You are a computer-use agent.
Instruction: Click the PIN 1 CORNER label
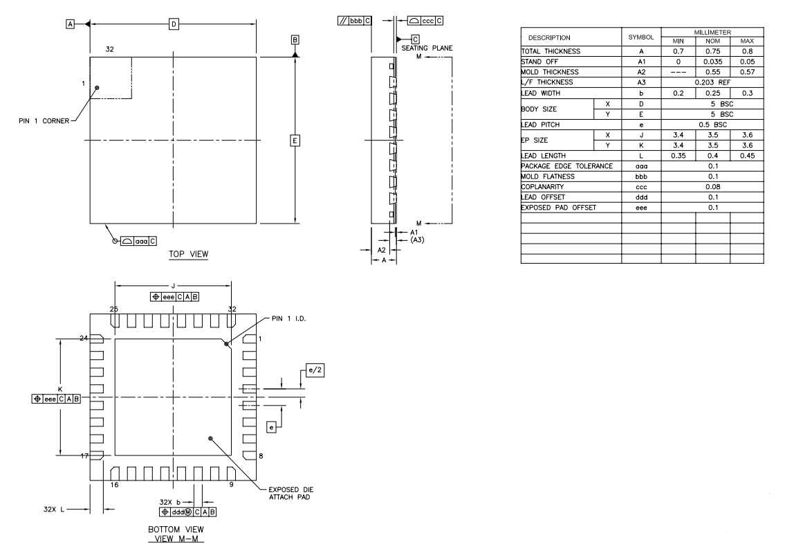point(44,120)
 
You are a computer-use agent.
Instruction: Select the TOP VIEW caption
point(189,254)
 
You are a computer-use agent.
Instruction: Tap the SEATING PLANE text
point(427,48)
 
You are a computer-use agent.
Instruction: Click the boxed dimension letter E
point(295,141)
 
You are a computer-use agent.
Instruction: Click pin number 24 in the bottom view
point(84,338)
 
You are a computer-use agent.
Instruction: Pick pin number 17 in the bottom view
point(84,456)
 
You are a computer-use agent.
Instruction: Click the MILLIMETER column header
point(712,32)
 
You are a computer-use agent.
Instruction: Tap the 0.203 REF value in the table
point(712,82)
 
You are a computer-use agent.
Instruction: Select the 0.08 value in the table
point(712,186)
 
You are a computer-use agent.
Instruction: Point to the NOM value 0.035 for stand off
point(712,62)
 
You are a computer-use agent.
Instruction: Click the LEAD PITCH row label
point(542,124)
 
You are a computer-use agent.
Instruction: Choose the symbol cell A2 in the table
point(641,72)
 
